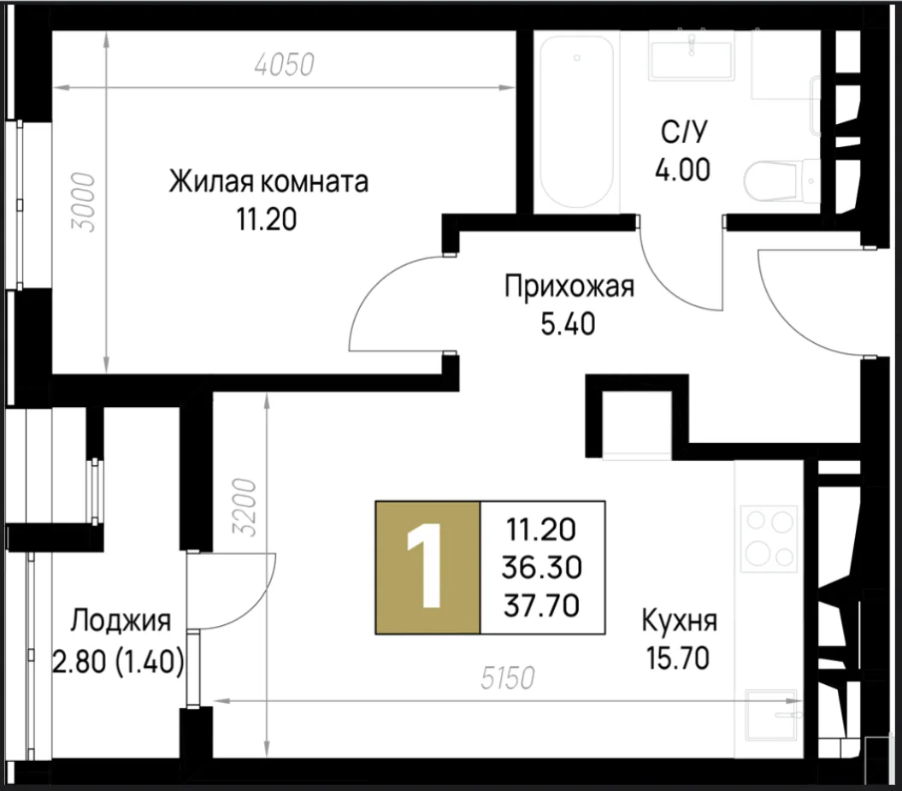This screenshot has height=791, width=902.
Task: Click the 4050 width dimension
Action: [x=284, y=64]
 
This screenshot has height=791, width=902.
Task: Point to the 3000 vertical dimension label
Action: [x=83, y=202]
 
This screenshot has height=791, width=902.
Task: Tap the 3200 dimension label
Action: [x=244, y=507]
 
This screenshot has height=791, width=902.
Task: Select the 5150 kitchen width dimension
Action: [x=508, y=677]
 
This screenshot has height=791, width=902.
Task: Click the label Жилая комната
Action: [x=268, y=182]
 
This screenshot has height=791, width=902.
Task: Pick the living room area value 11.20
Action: [x=267, y=219]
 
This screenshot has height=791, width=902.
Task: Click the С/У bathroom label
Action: [x=683, y=133]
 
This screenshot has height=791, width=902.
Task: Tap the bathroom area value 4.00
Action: [x=683, y=169]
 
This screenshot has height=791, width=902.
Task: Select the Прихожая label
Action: [x=569, y=286]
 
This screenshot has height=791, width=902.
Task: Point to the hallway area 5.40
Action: [x=569, y=324]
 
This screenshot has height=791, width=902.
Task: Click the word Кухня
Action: [x=680, y=622]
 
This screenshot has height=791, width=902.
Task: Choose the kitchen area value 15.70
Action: [x=678, y=658]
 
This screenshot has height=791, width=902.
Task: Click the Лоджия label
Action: [x=121, y=622]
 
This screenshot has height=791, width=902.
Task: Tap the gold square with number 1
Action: [x=427, y=568]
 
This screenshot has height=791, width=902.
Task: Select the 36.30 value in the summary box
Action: [x=542, y=568]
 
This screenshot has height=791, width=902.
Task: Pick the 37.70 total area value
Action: [x=542, y=605]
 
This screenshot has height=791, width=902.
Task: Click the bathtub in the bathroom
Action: [x=576, y=121]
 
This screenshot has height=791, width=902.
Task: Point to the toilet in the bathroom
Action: [x=781, y=180]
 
